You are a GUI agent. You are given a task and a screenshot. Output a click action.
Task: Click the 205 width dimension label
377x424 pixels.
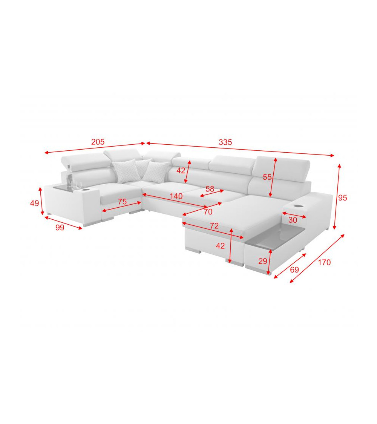(x=98, y=142)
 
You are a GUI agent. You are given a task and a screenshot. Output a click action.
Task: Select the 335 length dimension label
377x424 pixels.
(x=225, y=142)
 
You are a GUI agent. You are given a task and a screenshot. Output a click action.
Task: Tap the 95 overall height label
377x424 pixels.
(x=342, y=197)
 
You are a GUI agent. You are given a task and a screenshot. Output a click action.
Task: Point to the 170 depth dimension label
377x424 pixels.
(x=324, y=262)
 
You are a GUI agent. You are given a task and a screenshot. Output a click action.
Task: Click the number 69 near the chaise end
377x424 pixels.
(x=294, y=269)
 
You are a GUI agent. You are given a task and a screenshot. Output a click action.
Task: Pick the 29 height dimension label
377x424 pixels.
(x=263, y=261)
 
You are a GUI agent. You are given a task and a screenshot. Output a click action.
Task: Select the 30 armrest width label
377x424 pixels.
(x=293, y=220)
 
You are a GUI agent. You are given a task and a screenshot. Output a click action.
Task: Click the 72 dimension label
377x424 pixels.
(x=214, y=225)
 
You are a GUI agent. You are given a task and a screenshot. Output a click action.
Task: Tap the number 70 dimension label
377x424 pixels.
(x=208, y=212)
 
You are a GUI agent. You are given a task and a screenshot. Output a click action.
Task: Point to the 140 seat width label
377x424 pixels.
(x=176, y=196)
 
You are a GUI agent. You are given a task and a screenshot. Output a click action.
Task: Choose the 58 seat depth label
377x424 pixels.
(x=210, y=189)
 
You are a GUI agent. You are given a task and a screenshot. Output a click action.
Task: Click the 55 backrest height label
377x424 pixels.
(x=267, y=177)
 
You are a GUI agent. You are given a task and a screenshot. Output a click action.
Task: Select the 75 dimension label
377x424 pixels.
(x=122, y=202)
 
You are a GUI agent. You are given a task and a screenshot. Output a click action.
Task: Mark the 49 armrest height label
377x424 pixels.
(x=34, y=203)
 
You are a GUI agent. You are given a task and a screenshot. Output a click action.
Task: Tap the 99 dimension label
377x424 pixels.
(x=60, y=227)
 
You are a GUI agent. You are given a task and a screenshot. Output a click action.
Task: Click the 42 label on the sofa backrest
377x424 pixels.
(x=181, y=170)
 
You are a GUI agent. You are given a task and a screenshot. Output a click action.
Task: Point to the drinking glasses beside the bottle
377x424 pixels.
(x=77, y=185)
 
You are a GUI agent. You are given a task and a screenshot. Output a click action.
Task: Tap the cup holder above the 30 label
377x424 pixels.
(x=297, y=207)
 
